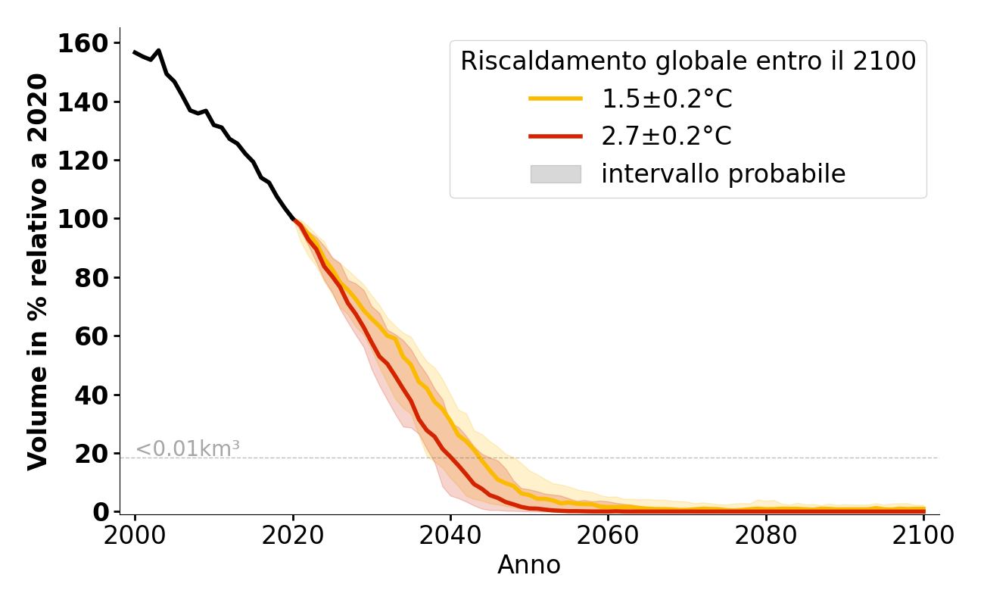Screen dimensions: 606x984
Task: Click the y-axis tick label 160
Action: click(x=83, y=43)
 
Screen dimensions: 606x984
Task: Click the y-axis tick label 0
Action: click(x=101, y=512)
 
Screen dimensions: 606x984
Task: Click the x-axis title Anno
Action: click(x=529, y=565)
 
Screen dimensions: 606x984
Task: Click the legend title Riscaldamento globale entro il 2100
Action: click(x=688, y=61)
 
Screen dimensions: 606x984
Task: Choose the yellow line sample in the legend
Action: click(x=556, y=98)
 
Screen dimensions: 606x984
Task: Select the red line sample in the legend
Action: click(x=556, y=136)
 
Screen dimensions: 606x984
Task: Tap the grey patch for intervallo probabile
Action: click(x=556, y=174)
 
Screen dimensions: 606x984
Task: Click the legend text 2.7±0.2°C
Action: click(x=666, y=136)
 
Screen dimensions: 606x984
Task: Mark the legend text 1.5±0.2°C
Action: click(x=666, y=98)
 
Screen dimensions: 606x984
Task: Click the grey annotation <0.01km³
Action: click(x=188, y=448)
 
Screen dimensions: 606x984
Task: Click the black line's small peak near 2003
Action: click(x=158, y=51)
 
